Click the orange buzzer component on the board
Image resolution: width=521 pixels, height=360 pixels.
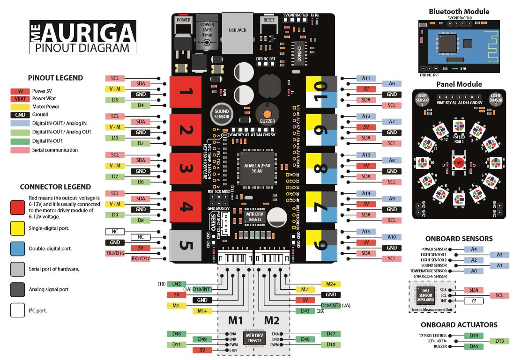[267, 114]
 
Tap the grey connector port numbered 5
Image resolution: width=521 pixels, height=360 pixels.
[184, 245]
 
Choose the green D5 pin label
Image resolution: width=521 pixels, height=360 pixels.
[114, 100]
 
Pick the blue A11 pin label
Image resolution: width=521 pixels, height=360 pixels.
[366, 78]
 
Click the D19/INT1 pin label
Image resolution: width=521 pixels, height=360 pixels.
[203, 289]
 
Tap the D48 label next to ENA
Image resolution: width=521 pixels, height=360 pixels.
[177, 333]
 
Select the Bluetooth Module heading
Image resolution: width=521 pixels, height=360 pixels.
[459, 11]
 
